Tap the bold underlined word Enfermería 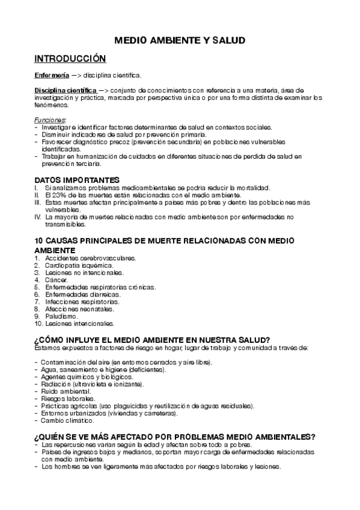tap(50, 75)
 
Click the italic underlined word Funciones tap(50, 120)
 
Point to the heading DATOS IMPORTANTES tap(77, 180)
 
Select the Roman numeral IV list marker tap(38, 217)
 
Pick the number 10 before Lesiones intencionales tap(38, 323)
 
